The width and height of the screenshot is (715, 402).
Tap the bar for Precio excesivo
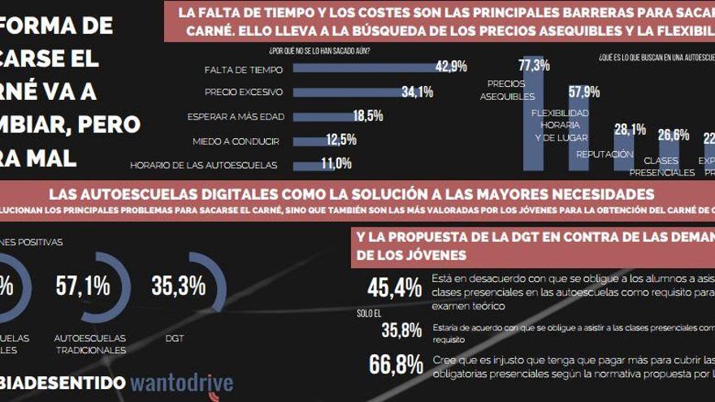coord(346,92)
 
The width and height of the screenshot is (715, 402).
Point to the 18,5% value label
coord(368,115)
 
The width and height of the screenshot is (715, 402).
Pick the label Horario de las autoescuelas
coord(203,165)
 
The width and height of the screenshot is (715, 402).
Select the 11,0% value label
coord(336,163)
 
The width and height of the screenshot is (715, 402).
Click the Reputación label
coord(604,153)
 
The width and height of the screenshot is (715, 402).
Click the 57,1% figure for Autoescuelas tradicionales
coord(83,286)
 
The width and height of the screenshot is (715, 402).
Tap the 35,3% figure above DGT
coord(179,286)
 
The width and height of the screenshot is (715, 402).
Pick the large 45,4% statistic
coord(395,287)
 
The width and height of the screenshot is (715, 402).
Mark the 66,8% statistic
coord(396,365)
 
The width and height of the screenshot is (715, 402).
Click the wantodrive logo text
coord(181,383)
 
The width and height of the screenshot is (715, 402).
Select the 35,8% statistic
coord(401,330)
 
